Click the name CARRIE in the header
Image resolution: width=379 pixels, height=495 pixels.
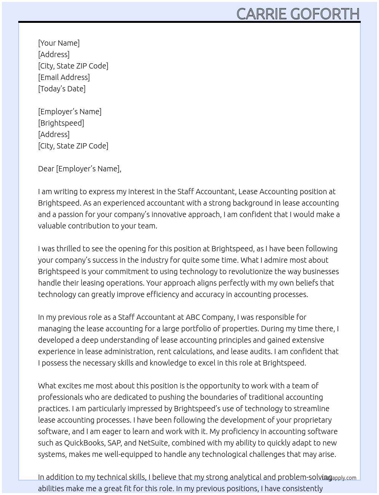click(261, 14)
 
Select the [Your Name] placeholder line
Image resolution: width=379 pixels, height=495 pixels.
click(59, 43)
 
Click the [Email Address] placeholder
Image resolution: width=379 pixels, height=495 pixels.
click(64, 77)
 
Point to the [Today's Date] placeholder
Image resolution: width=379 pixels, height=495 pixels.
click(62, 89)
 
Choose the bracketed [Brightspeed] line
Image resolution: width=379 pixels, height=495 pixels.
click(61, 123)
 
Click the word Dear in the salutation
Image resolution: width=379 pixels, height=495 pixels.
click(46, 169)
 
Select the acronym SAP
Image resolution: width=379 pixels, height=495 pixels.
click(114, 443)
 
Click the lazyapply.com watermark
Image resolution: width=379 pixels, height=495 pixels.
click(339, 478)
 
